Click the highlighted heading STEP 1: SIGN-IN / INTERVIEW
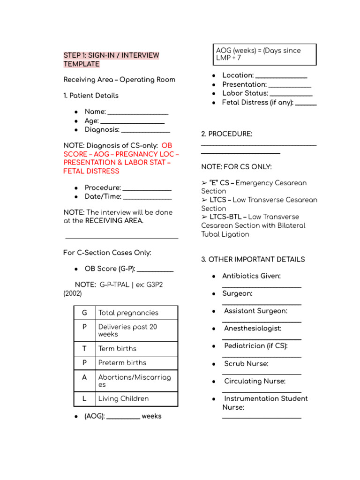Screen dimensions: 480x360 111,55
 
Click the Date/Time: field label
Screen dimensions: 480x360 103,196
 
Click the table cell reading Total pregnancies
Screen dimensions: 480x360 128,313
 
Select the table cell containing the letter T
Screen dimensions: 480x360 84,348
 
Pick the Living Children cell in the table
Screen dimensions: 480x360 123,398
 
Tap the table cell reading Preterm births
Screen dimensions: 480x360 122,362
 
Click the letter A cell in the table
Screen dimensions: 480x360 84,377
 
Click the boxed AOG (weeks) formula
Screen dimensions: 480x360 264,54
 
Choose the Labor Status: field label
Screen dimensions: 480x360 238,93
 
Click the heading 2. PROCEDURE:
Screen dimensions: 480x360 226,134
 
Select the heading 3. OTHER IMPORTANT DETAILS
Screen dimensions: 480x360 253,259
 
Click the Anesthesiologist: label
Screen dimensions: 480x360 253,329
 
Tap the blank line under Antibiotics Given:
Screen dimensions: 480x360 262,286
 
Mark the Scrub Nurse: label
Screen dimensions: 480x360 246,364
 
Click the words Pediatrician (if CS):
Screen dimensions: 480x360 255,346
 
